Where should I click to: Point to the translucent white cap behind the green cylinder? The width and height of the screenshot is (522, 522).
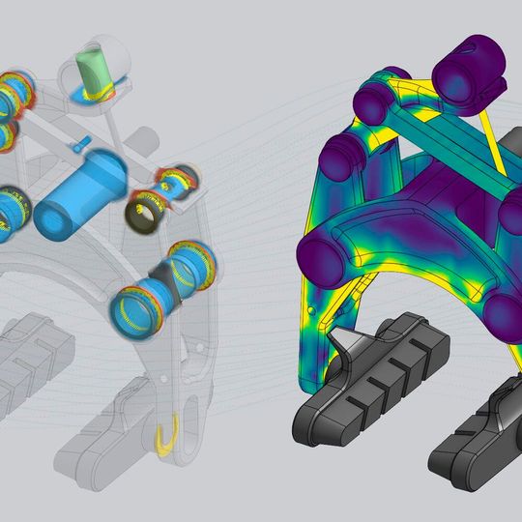(x=108, y=53)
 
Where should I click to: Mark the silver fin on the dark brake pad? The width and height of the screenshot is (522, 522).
(x=343, y=343)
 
